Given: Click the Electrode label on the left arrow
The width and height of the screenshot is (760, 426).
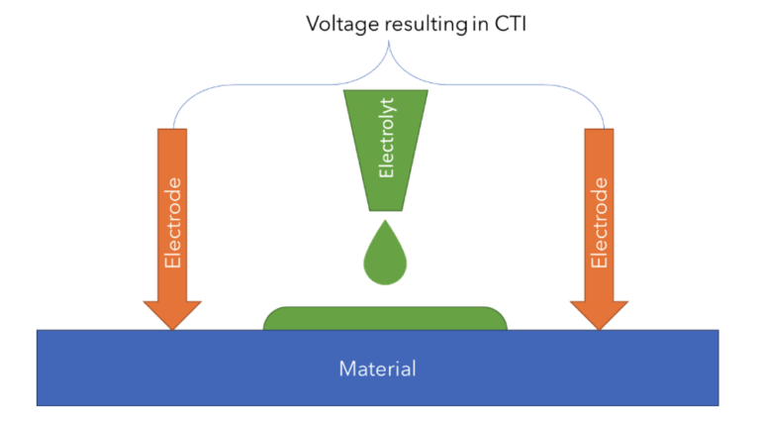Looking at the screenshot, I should click(174, 223).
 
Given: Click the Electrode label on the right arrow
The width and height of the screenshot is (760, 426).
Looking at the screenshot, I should click(600, 223).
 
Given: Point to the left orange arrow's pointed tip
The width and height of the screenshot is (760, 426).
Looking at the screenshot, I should click(174, 328).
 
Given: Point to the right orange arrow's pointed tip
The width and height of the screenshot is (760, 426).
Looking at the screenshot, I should click(600, 328).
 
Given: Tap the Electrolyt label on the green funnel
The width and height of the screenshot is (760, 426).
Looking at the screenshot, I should click(386, 149).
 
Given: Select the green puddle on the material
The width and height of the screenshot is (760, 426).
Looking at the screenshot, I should click(385, 318).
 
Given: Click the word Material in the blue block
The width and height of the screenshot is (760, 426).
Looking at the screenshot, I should click(377, 369).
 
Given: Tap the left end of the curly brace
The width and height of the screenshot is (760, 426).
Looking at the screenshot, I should click(174, 127).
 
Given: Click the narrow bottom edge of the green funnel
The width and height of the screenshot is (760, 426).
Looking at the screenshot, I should click(385, 210).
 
